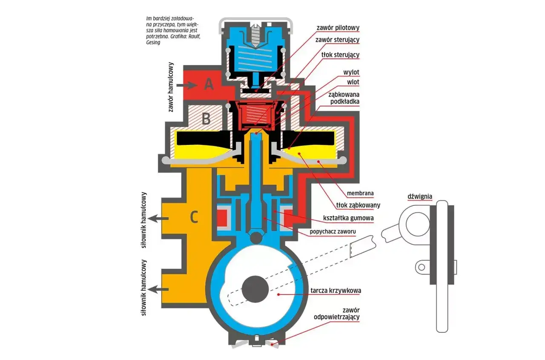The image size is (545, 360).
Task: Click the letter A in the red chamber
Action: pos(209,84)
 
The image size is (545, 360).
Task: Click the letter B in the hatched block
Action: pos(206,119)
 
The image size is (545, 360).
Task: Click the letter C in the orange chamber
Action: pos(194,217)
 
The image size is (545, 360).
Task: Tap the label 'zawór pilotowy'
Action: pos(338,28)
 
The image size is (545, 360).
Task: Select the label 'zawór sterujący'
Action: pos(338,40)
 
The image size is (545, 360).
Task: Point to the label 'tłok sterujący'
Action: pos(340,55)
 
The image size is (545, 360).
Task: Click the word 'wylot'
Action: pos(351,72)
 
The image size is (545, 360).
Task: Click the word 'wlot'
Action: pos(353,82)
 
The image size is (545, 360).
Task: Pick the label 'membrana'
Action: pos(360,193)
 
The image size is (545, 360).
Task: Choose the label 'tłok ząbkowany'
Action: pos(358,205)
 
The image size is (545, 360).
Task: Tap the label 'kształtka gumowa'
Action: pos(348,218)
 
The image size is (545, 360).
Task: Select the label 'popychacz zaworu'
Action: pos(333,231)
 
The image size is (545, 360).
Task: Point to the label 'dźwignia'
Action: pos(420,196)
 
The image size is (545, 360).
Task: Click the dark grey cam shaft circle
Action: pos(255,289)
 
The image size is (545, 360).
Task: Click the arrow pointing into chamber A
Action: pos(186,85)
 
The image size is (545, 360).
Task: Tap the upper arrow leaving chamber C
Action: pos(158,219)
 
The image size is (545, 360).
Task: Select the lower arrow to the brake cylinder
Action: pos(158,290)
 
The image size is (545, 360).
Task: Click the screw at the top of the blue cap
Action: pos(255,35)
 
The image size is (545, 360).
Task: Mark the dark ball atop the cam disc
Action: pos(256,238)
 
